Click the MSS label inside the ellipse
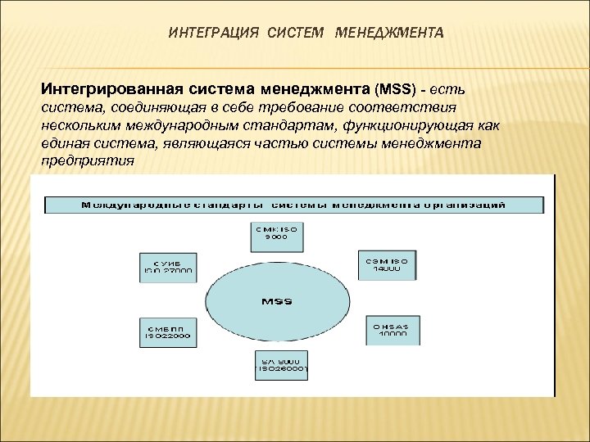276,301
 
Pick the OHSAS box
393,329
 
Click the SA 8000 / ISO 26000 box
280,365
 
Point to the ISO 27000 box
167,265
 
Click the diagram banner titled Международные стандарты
293,204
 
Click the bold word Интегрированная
104,86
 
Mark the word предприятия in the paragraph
88,160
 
